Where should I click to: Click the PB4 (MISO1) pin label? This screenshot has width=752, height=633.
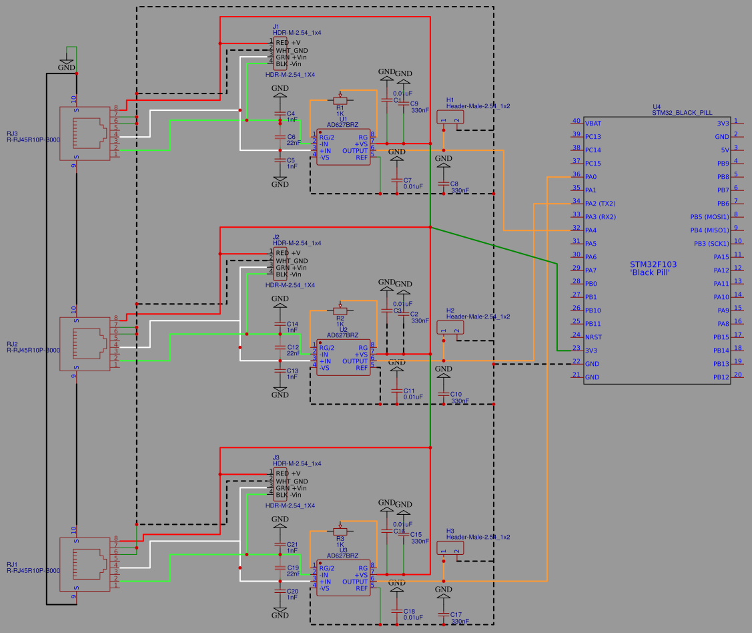point(709,230)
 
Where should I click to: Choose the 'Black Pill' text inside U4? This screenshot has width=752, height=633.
point(649,273)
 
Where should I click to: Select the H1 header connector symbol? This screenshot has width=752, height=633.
point(450,118)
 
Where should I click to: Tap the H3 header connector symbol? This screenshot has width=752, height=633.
point(450,548)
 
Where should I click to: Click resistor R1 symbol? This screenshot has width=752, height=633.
point(340,100)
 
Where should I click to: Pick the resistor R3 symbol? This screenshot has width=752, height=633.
point(340,531)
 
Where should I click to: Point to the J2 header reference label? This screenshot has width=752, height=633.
point(276,237)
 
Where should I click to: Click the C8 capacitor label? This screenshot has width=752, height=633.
point(454,183)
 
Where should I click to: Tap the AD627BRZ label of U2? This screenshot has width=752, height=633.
point(342,335)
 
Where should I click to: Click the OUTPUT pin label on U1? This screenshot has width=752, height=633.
point(354,151)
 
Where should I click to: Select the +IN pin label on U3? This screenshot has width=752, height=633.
point(325,582)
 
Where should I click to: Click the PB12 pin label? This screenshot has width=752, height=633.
point(721,377)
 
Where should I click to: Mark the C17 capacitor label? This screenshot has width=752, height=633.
point(456,614)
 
